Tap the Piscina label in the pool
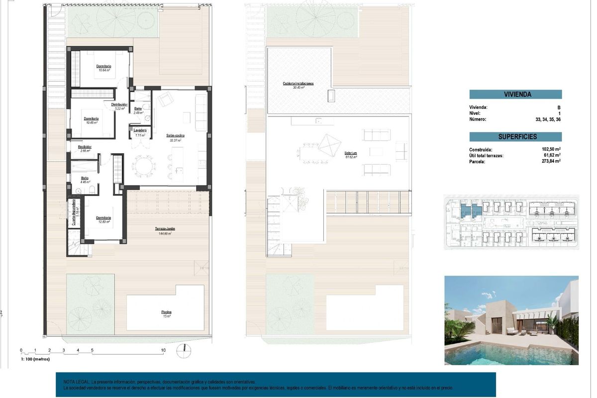pyautogui.click(x=166, y=312)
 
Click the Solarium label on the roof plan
pyautogui.click(x=350, y=153)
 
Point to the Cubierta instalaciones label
pyautogui.click(x=298, y=84)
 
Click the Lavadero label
pyautogui.click(x=140, y=130)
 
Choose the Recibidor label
pyautogui.click(x=85, y=147)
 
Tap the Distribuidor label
pyautogui.click(x=119, y=105)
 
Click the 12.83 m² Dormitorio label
pyautogui.click(x=103, y=218)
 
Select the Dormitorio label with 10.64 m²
pyautogui.click(x=103, y=66)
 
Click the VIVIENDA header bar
pyautogui.click(x=515, y=94)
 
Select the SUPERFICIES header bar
pyautogui.click(x=515, y=136)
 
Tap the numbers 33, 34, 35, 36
pyautogui.click(x=547, y=119)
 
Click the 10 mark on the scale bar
pyautogui.click(x=163, y=350)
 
